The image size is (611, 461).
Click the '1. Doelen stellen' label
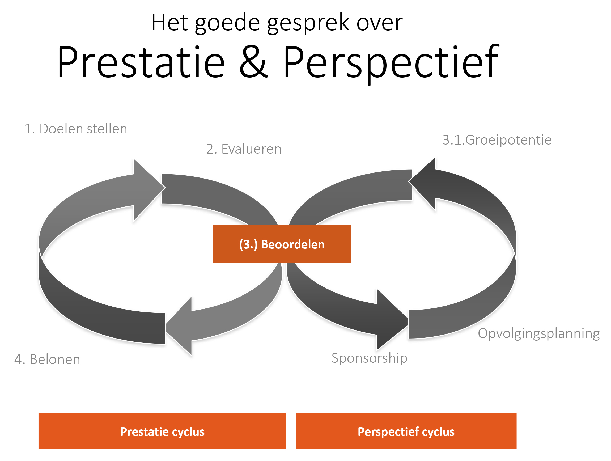76,129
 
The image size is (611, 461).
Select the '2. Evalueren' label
244,149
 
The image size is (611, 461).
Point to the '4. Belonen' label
47,360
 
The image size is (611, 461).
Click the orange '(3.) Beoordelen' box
282,244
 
